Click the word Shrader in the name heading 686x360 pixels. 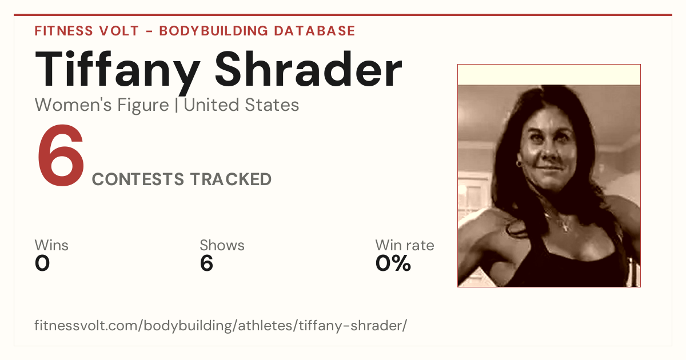(x=308, y=69)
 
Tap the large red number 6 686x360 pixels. (x=61, y=155)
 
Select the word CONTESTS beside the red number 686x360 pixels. (x=138, y=179)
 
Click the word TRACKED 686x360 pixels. (x=231, y=179)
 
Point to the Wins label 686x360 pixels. (x=51, y=245)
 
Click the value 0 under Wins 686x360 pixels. (x=42, y=263)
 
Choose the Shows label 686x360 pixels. (x=222, y=245)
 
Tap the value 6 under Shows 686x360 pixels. (x=206, y=263)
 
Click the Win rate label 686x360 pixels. (x=405, y=245)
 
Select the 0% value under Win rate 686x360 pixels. (x=393, y=263)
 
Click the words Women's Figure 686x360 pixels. (x=102, y=105)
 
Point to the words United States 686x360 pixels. (x=241, y=105)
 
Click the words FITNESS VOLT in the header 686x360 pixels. (x=87, y=31)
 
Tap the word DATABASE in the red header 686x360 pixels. (x=314, y=31)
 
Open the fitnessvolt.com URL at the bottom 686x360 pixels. (x=221, y=325)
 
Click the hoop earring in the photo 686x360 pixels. (x=519, y=164)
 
